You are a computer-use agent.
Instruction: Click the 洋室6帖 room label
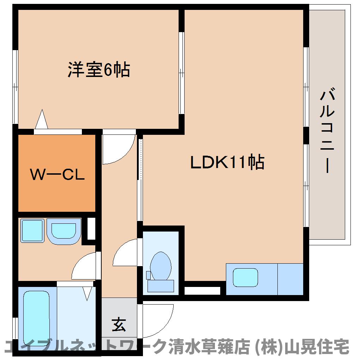coord(99,69)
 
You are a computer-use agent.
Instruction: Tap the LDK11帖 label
coord(227,162)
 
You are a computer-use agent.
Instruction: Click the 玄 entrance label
coord(119,324)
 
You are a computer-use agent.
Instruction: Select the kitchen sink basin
coord(245,277)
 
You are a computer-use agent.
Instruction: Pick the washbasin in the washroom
coord(64,231)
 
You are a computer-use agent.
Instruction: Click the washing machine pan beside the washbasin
coord(32,230)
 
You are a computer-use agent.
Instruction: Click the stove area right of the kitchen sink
coord(290,279)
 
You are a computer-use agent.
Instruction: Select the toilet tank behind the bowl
coord(161,286)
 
